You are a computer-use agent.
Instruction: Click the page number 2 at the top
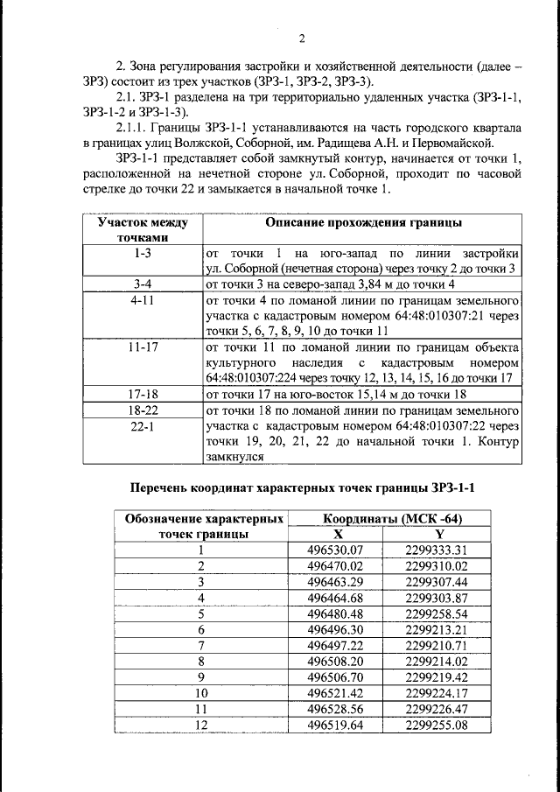click(301, 39)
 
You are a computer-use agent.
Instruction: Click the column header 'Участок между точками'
click(141, 230)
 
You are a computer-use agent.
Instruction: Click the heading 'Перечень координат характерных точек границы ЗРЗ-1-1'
click(306, 487)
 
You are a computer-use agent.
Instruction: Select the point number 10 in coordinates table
click(200, 692)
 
